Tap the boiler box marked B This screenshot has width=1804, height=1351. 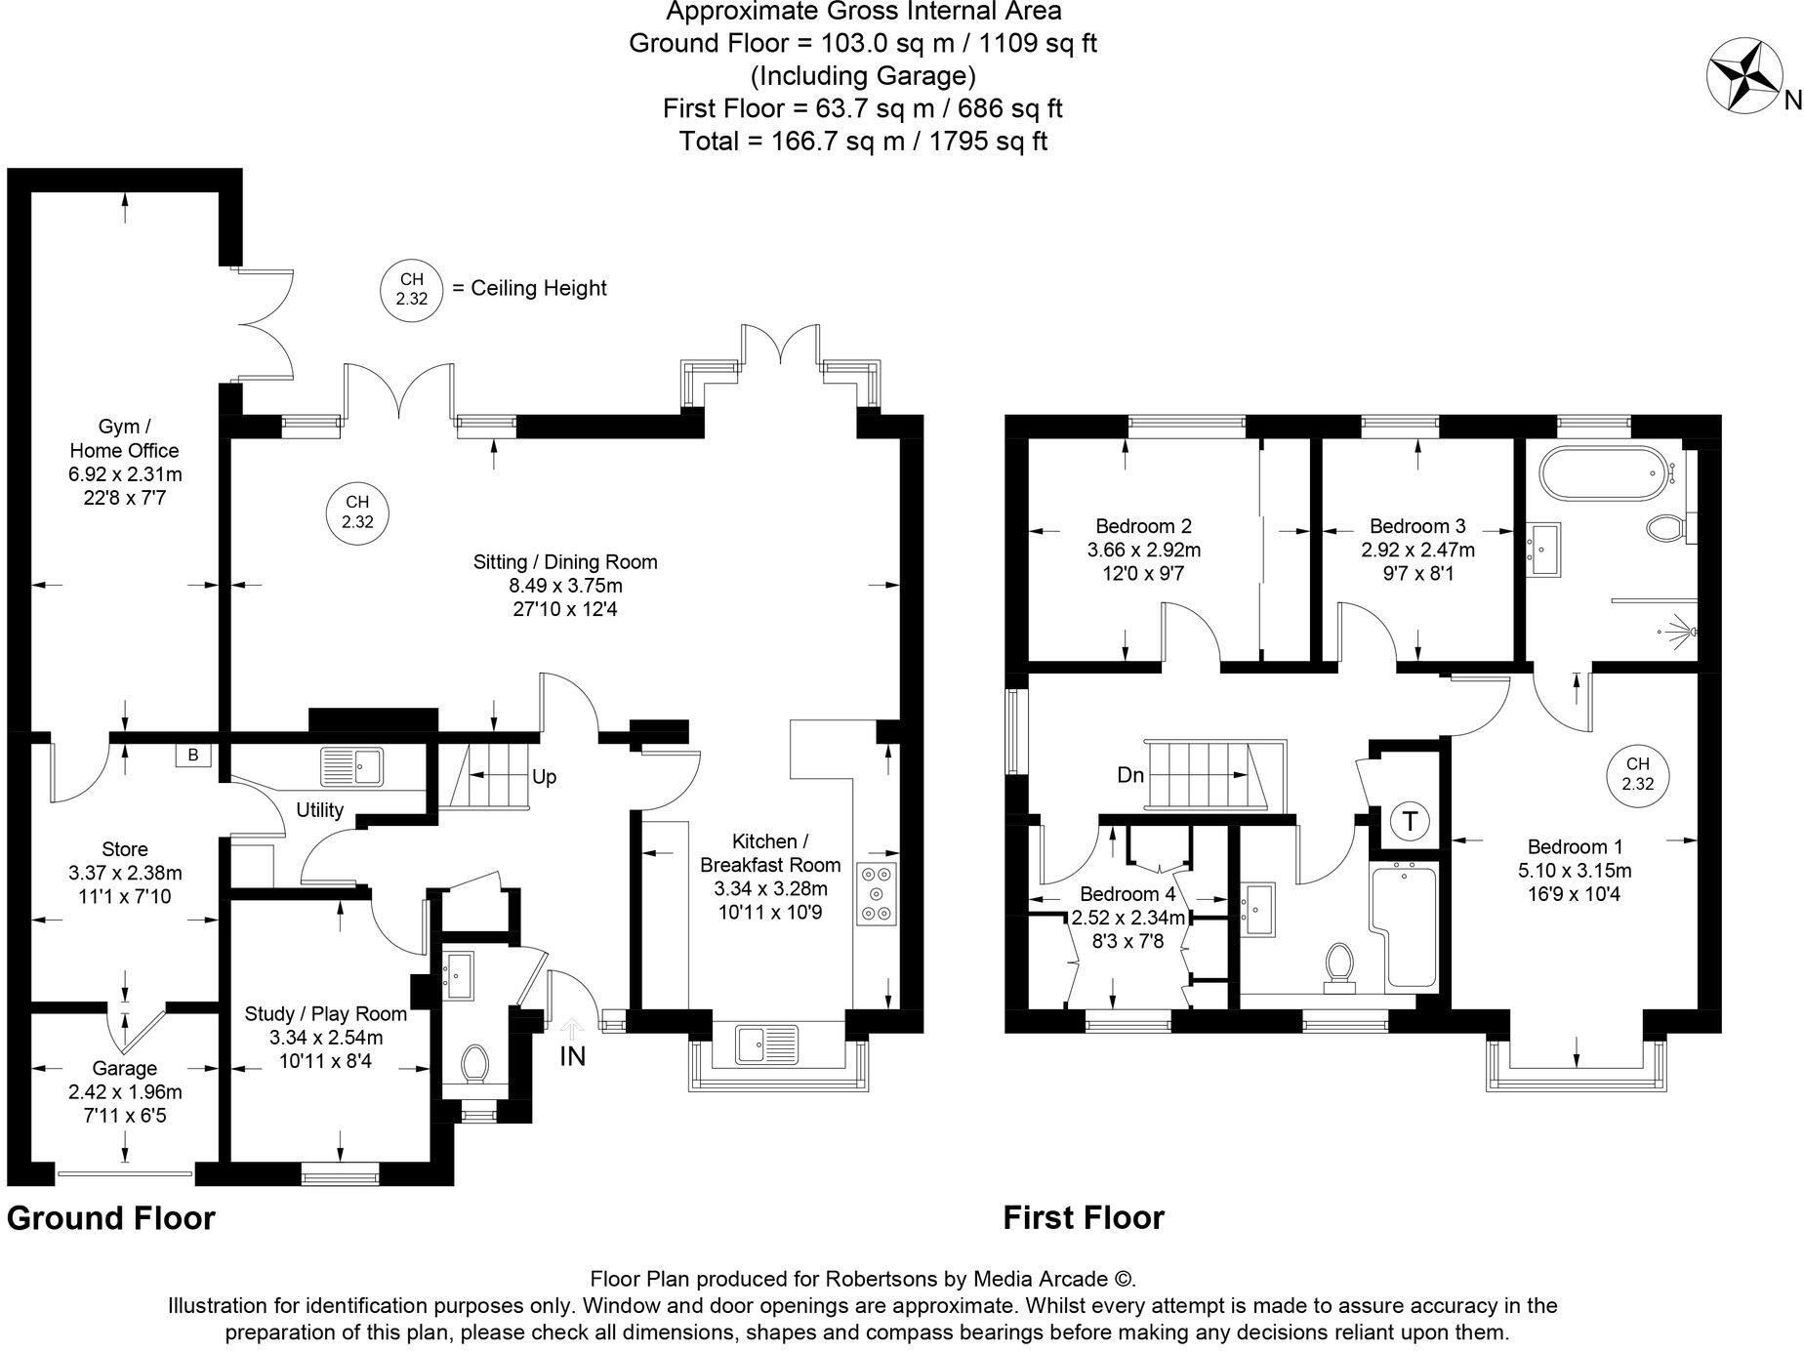pos(193,755)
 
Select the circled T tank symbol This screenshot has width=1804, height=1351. pos(1410,821)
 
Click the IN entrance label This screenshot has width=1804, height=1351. pos(573,1055)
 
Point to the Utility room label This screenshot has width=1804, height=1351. pos(320,809)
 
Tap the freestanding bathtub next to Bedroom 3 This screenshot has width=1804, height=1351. pos(1601,475)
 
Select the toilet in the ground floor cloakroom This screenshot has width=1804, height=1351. pos(475,1064)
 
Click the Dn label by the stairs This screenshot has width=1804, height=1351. pos(1130,775)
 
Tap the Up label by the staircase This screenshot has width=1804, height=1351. pos(544,777)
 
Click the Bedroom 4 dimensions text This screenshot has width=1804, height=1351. pos(1128,919)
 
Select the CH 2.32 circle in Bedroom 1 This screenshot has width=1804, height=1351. pos(1638,774)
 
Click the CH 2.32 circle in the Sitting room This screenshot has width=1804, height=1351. pos(357,512)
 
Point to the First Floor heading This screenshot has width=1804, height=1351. pos(1084,1217)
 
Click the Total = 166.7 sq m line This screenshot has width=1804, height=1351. pos(863,141)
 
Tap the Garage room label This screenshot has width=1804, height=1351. pos(125,1068)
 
